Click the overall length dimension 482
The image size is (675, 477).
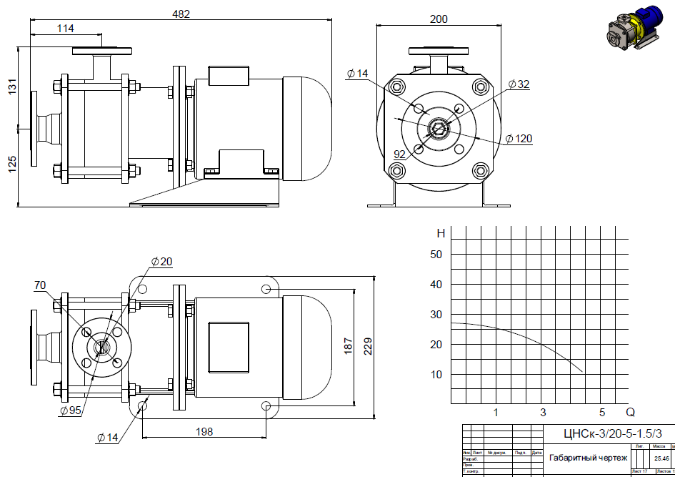pos(181,14)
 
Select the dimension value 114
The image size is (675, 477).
pos(66,29)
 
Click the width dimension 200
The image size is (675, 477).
pos(439,19)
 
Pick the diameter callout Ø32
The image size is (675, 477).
pos(519,84)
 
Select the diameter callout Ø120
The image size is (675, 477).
pos(519,139)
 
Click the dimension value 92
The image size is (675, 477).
pos(400,154)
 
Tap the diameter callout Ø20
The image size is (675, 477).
pos(162,262)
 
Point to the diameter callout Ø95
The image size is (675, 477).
pos(69,411)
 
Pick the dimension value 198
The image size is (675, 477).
pos(204,431)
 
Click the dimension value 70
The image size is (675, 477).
pos(40,285)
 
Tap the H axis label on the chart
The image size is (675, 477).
pos(441,233)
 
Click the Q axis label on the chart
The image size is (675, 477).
pos(630,412)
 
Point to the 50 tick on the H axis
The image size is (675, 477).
pos(436,255)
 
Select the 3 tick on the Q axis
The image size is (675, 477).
pos(543,412)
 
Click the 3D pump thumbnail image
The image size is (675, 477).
pos(632,35)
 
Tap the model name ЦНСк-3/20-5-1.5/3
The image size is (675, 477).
pos(608,433)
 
